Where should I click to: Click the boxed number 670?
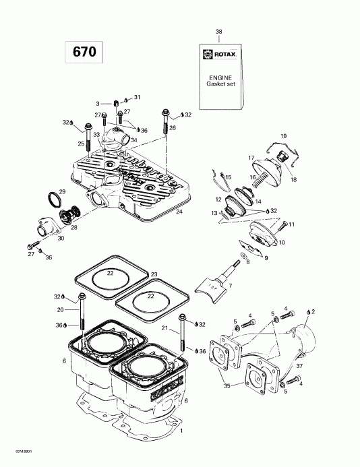coord(80,51)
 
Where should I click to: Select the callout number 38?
coord(218,32)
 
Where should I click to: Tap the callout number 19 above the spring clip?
coord(282,135)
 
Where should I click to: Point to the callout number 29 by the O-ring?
coord(61,193)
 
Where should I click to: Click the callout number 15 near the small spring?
coord(228,177)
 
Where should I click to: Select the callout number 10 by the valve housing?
coord(281,242)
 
